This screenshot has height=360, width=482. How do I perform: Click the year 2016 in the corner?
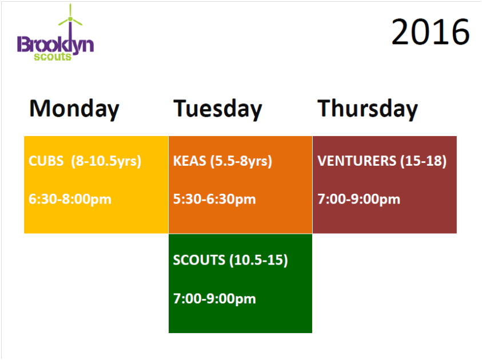click(x=431, y=31)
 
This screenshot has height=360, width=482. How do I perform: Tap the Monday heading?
click(x=74, y=109)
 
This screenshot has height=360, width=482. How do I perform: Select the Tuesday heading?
click(x=218, y=109)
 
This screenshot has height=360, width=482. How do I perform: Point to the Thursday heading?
click(x=368, y=109)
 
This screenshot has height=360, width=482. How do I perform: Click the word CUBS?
click(x=46, y=161)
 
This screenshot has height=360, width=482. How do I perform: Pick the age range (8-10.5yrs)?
click(x=106, y=162)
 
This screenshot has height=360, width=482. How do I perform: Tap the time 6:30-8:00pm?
click(x=70, y=199)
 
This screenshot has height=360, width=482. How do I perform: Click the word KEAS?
click(x=190, y=161)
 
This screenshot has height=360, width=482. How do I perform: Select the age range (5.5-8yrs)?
click(x=241, y=162)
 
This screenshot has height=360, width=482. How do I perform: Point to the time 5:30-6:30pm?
click(x=214, y=199)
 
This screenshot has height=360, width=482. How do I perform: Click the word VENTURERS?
click(x=357, y=161)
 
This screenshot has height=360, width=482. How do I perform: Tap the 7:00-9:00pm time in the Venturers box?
click(x=359, y=199)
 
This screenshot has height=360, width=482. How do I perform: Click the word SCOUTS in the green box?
click(x=199, y=260)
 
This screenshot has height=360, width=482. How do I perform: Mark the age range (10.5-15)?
click(x=259, y=261)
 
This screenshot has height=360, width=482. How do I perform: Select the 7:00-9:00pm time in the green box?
click(x=214, y=299)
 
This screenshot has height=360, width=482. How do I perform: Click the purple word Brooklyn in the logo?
click(x=55, y=45)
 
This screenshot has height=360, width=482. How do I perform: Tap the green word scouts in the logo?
click(x=53, y=57)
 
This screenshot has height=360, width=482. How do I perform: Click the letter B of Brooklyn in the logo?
click(x=22, y=44)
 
